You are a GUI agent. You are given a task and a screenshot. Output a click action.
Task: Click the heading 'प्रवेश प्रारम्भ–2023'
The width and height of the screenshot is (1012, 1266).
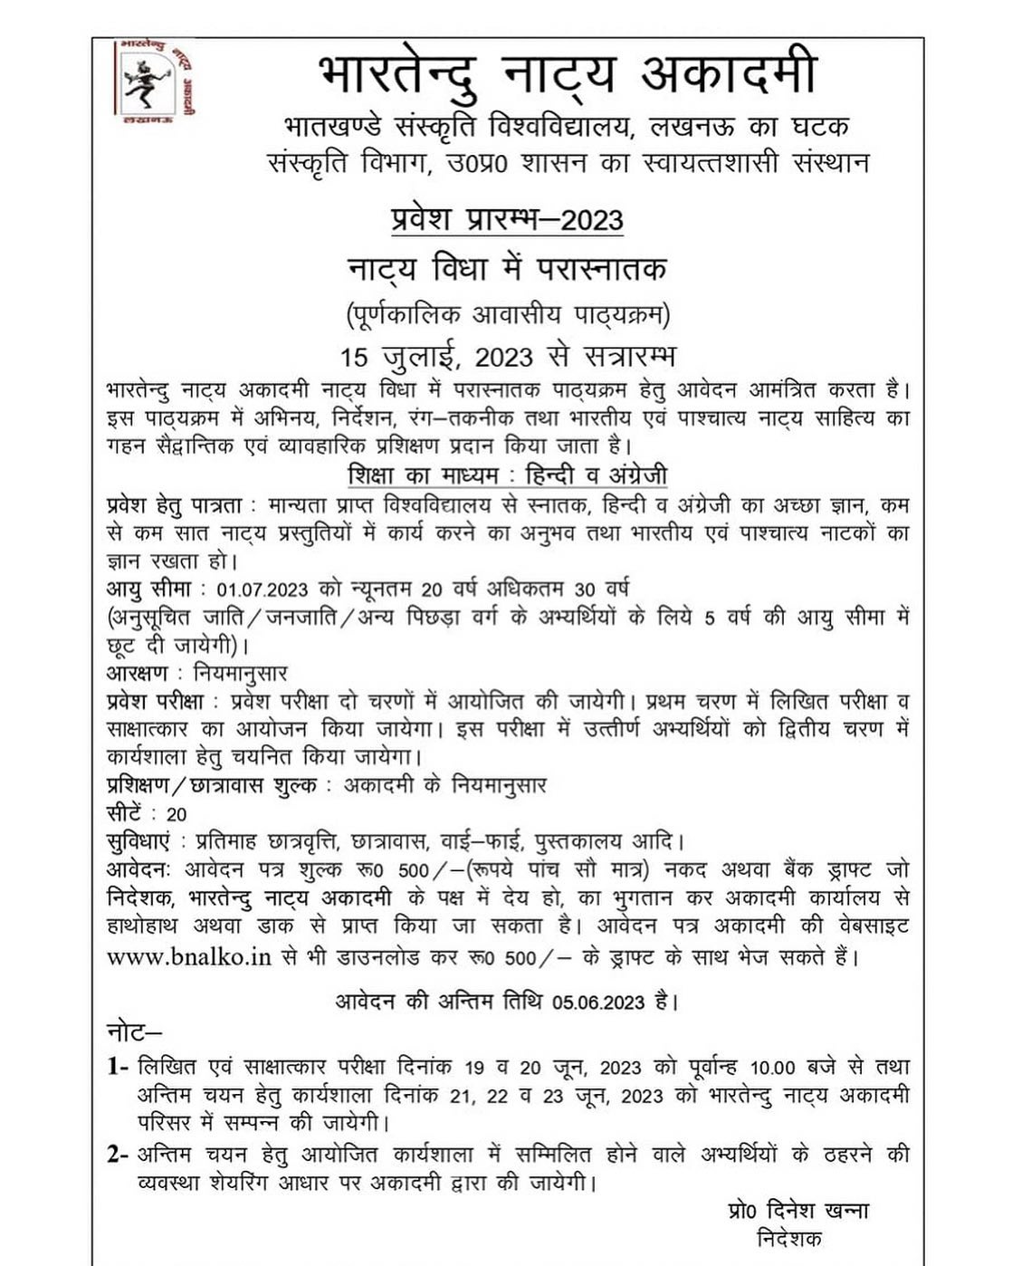coord(507,219)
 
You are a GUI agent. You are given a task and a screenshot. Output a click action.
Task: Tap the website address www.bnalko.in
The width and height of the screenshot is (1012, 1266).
coord(189,956)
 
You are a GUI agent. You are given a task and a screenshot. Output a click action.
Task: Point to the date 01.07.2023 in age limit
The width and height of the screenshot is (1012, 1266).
coord(263,590)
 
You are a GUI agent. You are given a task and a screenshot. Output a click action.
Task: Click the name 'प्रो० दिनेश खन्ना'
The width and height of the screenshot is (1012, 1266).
coord(797,1211)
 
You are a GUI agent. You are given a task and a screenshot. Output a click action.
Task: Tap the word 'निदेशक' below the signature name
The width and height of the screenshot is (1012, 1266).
coord(788,1239)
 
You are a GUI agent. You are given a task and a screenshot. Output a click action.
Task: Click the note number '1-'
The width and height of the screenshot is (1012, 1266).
coord(118,1067)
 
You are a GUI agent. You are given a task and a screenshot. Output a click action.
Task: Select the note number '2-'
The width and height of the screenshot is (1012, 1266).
coord(118,1155)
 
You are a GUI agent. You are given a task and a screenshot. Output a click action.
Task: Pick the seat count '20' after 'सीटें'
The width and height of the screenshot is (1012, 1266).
coord(176,814)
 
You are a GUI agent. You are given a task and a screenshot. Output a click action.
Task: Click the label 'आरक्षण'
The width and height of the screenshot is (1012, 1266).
coord(138,673)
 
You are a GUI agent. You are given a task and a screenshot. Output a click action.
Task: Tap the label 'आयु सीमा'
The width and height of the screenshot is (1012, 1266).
coord(148,590)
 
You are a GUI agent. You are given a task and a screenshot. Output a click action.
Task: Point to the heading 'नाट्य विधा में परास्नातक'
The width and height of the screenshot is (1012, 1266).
coord(507,269)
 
